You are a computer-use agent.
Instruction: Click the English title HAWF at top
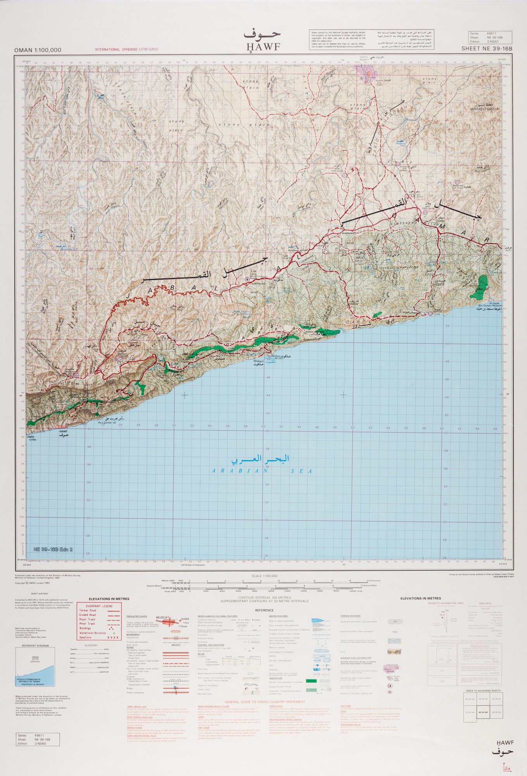point(263,47)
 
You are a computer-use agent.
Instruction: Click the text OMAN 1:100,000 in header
point(38,50)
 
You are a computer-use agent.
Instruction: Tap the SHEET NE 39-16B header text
point(486,49)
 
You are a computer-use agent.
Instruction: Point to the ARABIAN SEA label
point(262,471)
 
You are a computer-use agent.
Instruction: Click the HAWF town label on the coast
point(63,431)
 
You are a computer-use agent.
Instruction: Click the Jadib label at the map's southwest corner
point(31,437)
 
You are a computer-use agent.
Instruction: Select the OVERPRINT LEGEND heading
point(99,606)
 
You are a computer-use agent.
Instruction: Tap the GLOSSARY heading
point(92,645)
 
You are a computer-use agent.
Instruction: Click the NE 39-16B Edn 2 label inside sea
point(53,549)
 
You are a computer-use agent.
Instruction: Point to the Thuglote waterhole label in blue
point(400,143)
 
